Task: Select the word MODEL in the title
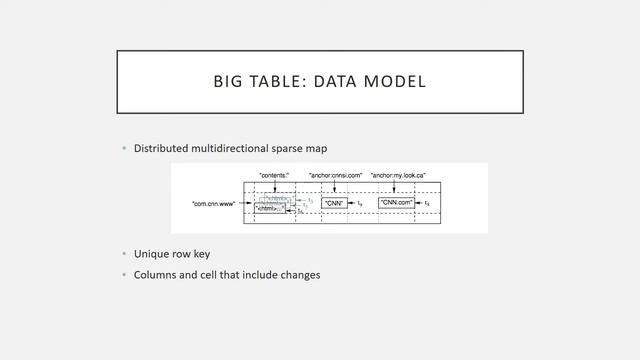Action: pos(392,81)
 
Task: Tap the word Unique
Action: pos(152,254)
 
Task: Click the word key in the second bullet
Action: pos(201,254)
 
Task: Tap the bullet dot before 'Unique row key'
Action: pos(124,254)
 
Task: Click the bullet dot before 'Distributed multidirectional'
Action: pos(124,149)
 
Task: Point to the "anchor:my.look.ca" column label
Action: pos(398,176)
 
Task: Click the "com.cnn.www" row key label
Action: pos(214,204)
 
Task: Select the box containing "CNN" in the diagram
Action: pos(334,203)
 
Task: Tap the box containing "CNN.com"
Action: pos(397,203)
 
